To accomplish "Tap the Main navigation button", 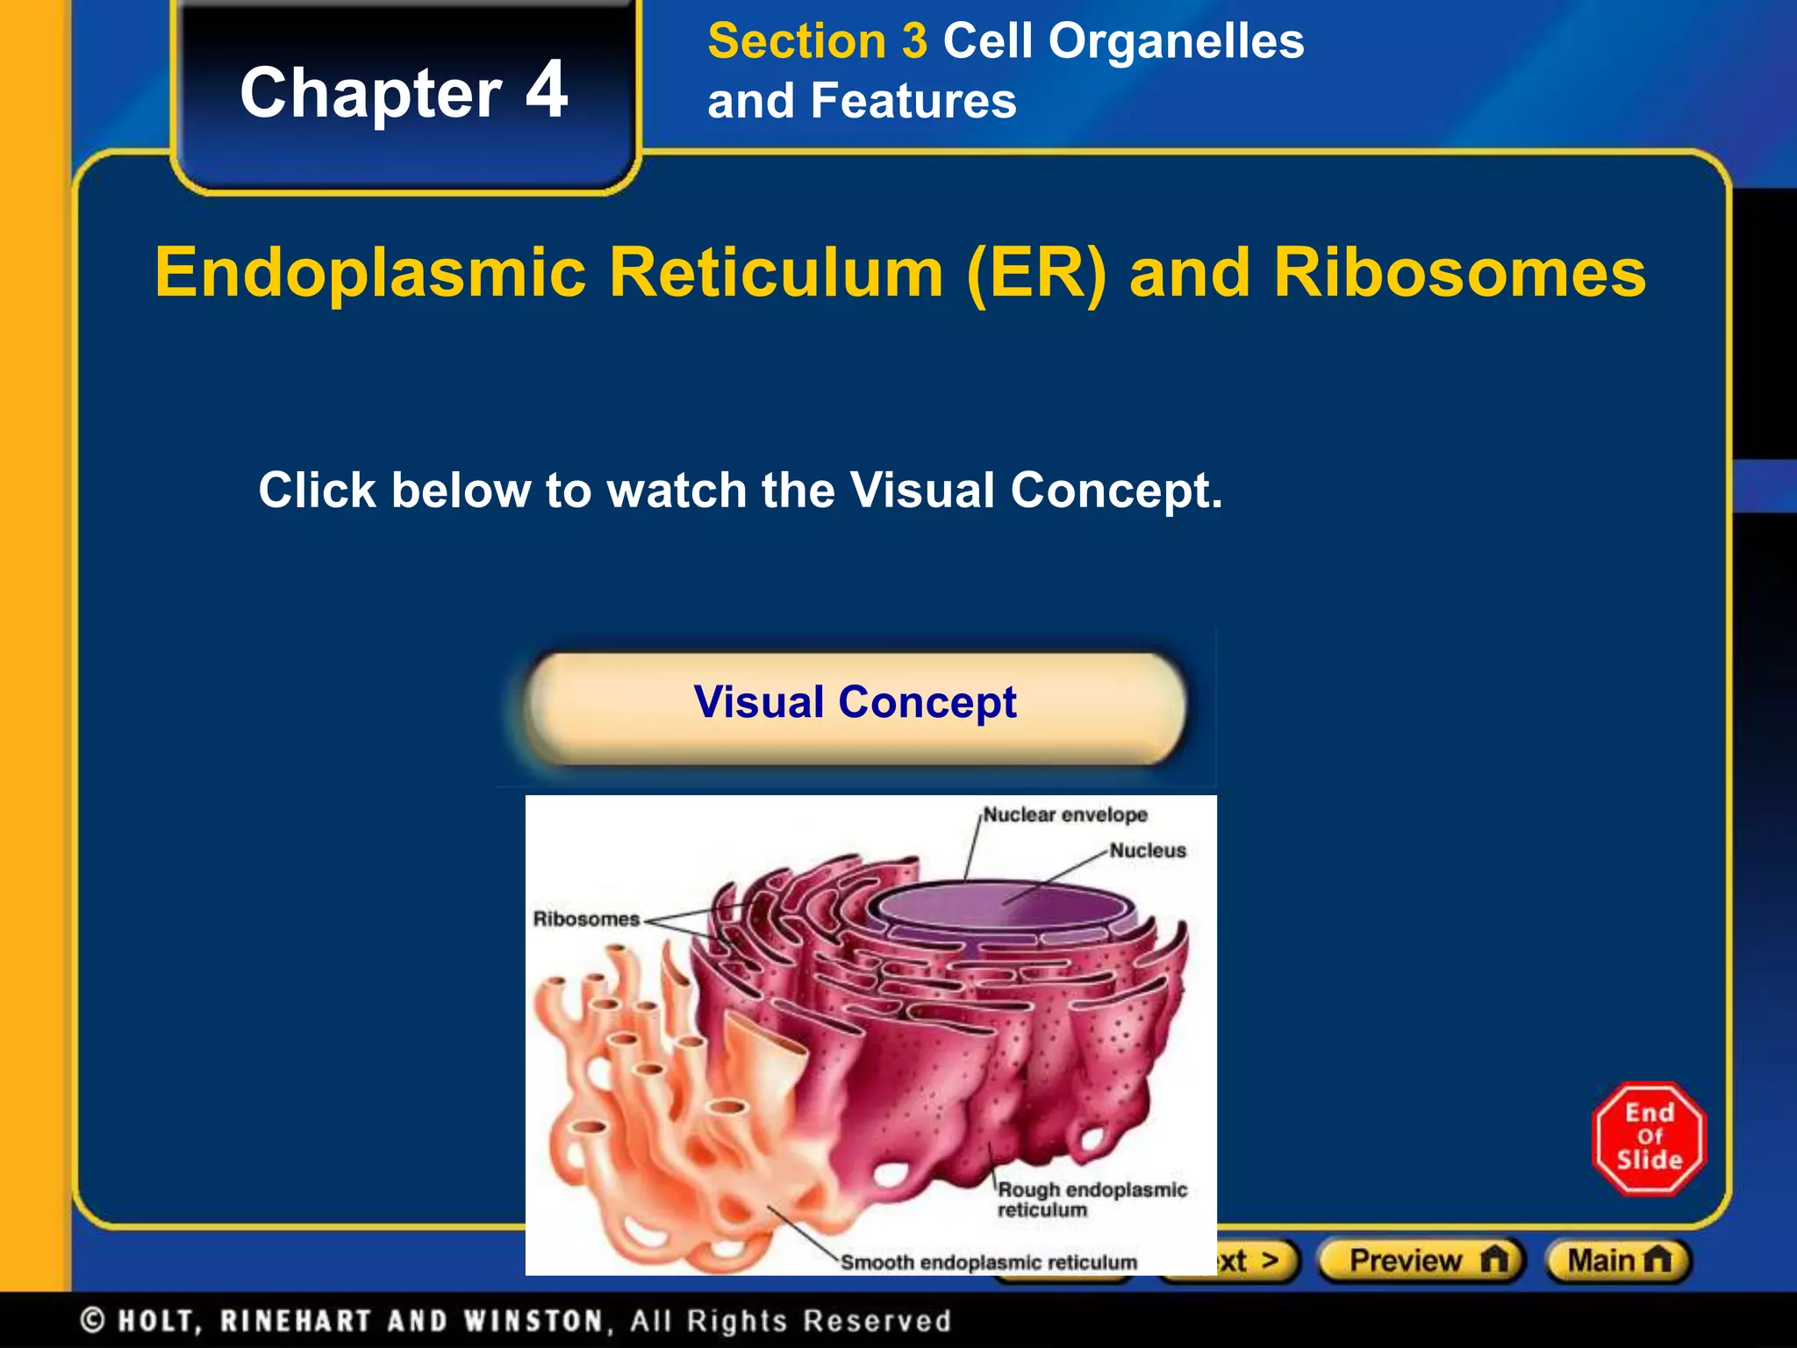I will (x=1618, y=1261).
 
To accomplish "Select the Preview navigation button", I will (x=1421, y=1261).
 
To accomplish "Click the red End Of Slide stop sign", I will (x=1649, y=1138).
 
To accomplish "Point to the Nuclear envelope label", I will (x=1064, y=815).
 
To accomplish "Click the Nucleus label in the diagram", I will (x=1147, y=850).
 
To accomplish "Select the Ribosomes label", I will (x=586, y=919).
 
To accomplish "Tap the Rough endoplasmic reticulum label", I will (x=1092, y=1200).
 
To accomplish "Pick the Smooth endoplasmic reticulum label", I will (x=989, y=1262).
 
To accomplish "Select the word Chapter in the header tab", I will (x=370, y=93).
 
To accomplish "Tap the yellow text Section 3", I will (x=817, y=41).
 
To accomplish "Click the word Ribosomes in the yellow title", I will (x=1459, y=273).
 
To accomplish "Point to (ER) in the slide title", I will (x=1036, y=273).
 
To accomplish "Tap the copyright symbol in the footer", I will (x=93, y=1321).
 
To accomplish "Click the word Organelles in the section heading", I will (x=1176, y=41).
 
